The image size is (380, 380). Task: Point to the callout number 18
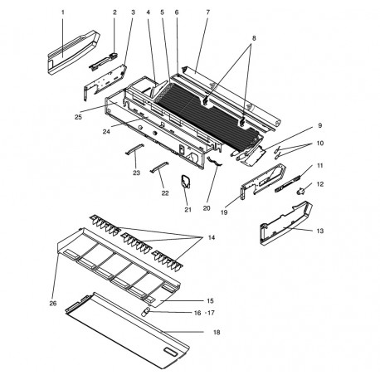click(216, 332)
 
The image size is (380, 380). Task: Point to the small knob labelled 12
click(300, 190)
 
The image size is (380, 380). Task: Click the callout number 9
click(319, 125)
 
